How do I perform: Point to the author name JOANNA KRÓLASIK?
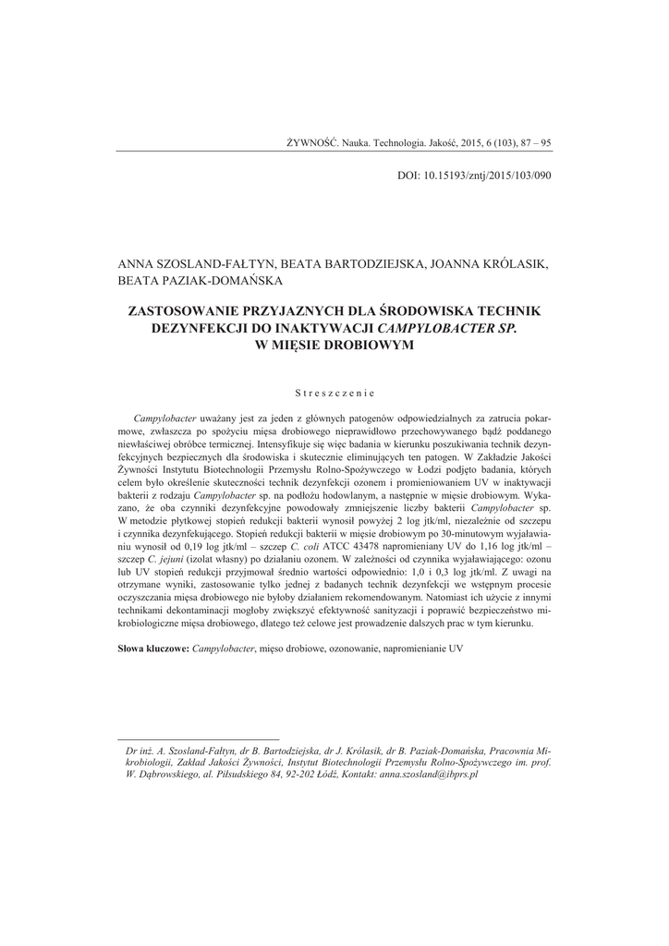[487, 263]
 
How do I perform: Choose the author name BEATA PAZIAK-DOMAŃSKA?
[201, 279]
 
